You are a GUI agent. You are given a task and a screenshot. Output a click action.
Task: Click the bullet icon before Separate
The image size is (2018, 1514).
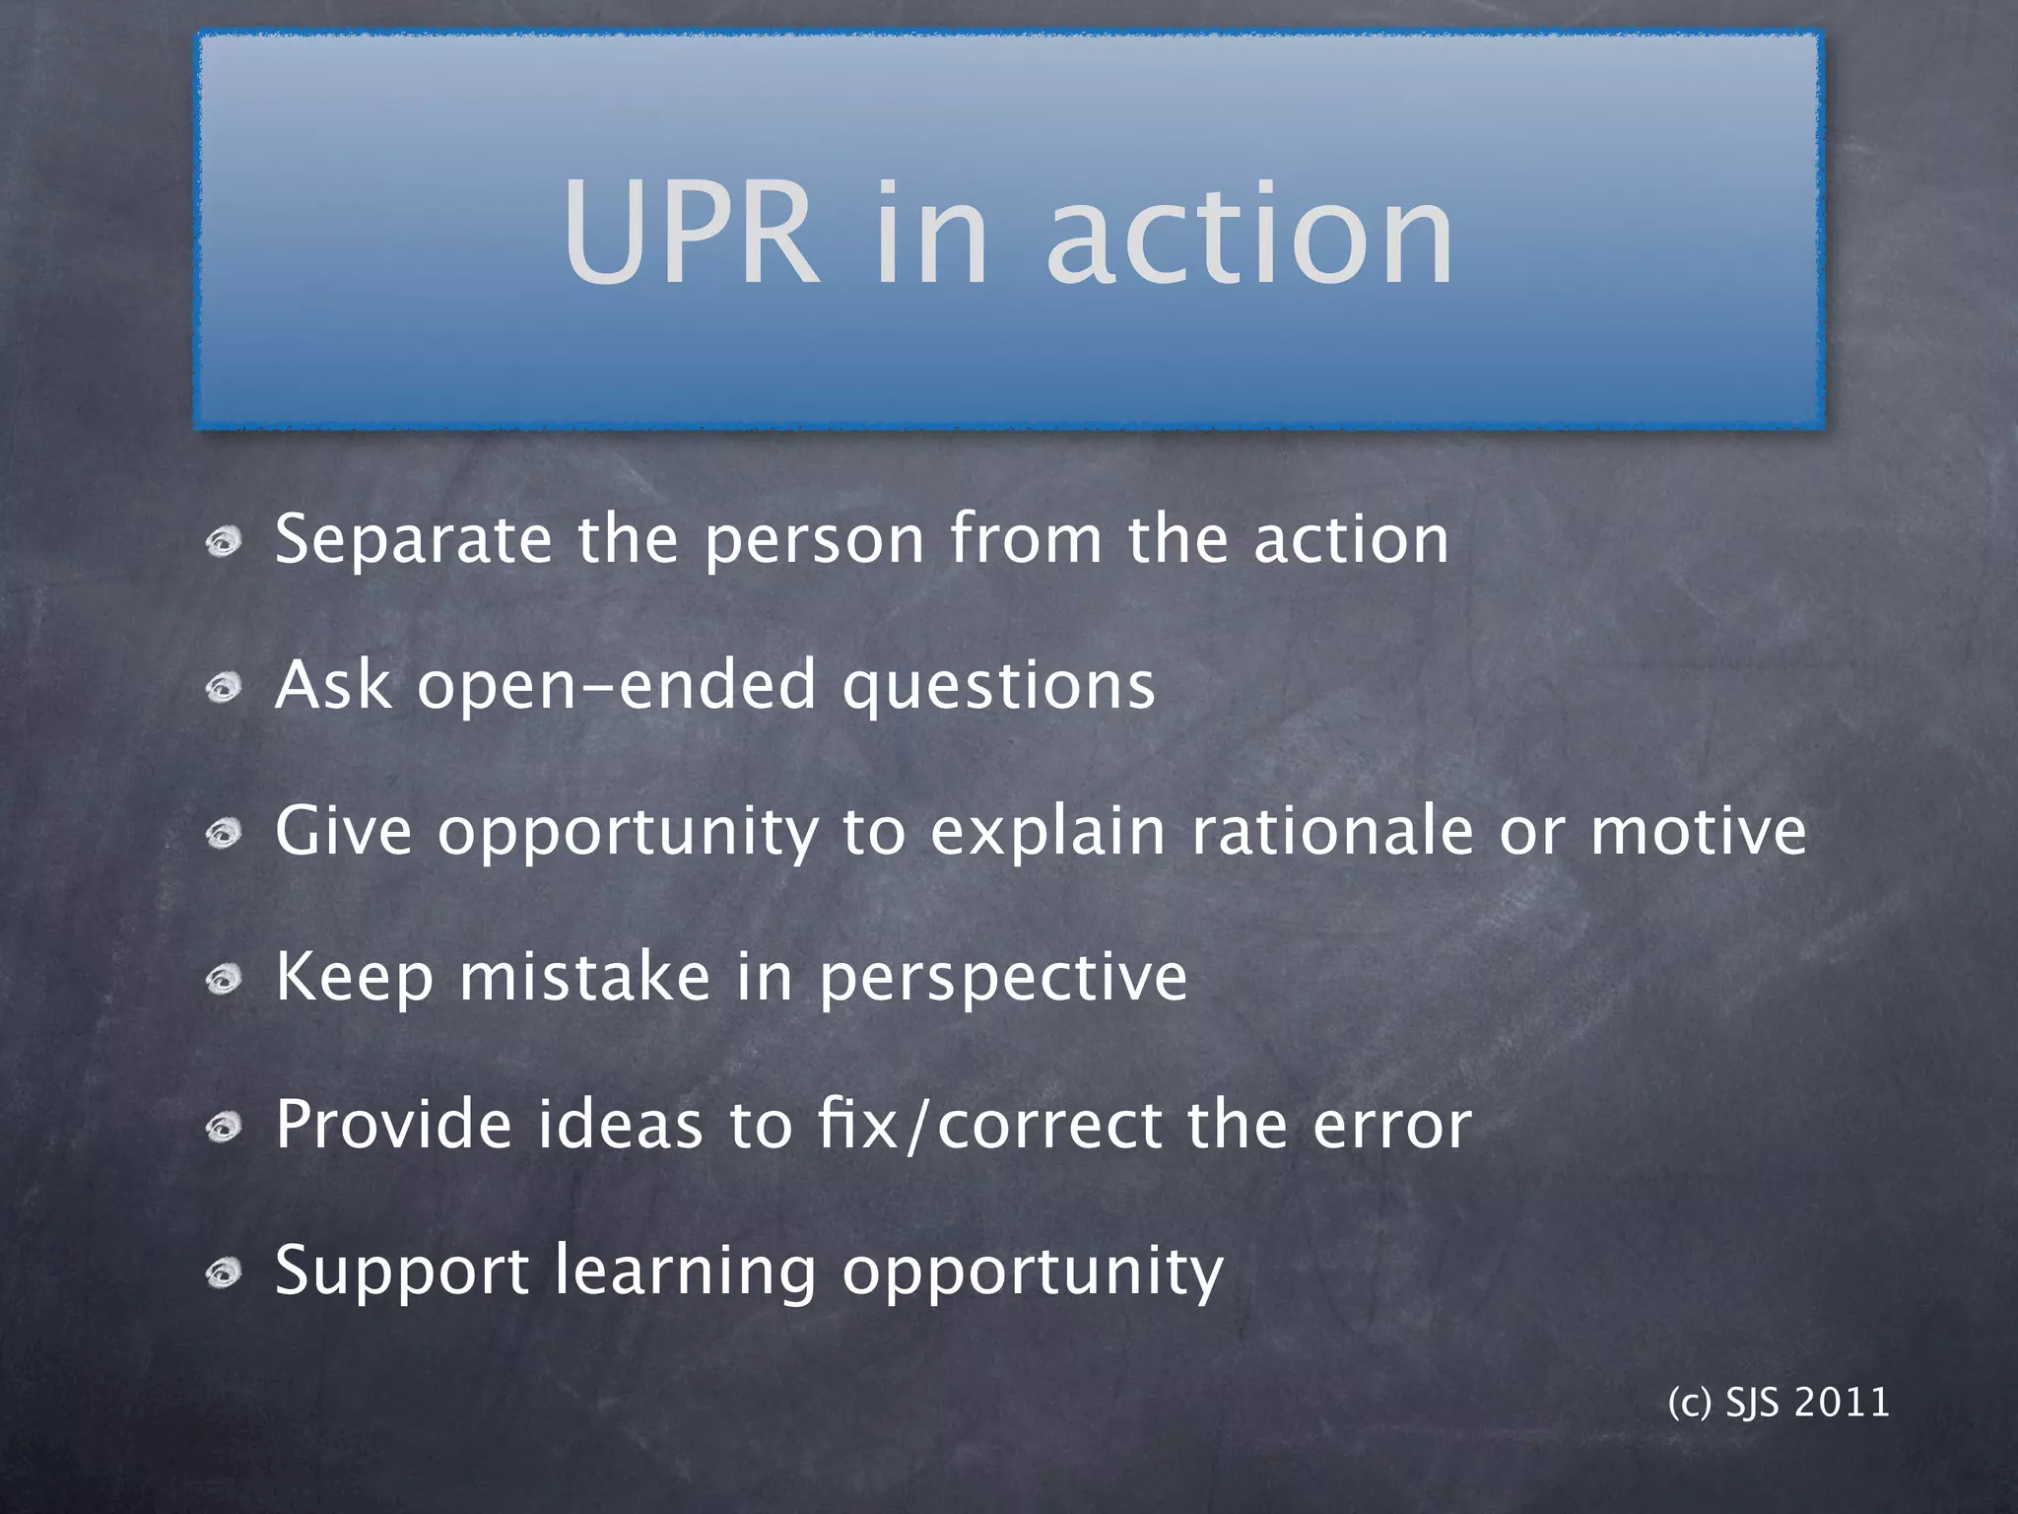(x=225, y=542)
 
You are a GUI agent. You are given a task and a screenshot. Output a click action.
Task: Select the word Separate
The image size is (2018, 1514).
(x=413, y=540)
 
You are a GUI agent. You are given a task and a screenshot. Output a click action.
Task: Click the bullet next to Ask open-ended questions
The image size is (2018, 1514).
(x=225, y=688)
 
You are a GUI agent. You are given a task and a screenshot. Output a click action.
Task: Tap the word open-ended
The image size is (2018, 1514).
(x=617, y=686)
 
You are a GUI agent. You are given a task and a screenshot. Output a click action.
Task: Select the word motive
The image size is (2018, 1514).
(x=1699, y=830)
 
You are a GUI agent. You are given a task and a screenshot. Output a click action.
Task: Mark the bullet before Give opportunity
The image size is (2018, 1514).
(x=225, y=834)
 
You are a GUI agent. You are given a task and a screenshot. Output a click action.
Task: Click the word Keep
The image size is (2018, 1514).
(x=354, y=978)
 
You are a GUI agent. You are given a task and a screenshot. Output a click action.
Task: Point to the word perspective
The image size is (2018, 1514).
(x=1003, y=980)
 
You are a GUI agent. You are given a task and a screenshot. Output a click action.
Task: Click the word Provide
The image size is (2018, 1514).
(x=393, y=1124)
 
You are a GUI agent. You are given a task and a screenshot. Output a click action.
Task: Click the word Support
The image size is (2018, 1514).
(x=402, y=1272)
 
